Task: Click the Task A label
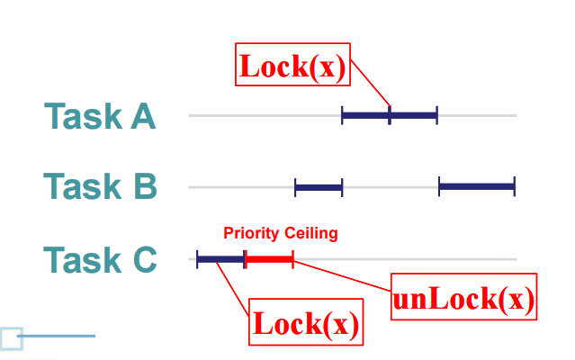coord(100,117)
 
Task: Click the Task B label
coord(100,187)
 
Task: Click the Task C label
coord(100,260)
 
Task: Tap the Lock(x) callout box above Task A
coord(292,66)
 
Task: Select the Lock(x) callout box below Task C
coord(306,322)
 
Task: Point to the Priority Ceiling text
coord(281,234)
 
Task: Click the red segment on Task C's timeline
coord(269,259)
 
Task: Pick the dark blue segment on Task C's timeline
coord(220,259)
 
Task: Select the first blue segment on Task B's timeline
coord(319,187)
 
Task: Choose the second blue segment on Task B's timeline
coord(477,186)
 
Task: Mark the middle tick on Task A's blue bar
coord(390,115)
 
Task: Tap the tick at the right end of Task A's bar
coord(437,115)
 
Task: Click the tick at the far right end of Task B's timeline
coord(515,186)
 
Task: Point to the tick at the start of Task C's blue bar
coord(197,259)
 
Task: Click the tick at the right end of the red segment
coord(293,259)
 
